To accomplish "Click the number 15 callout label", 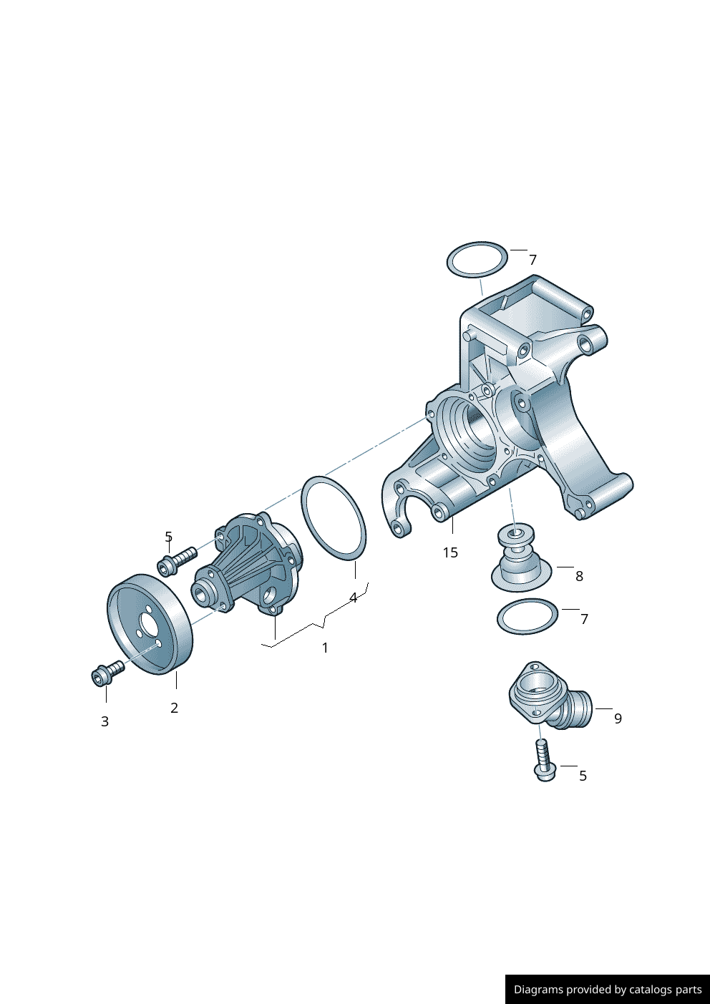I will pos(450,552).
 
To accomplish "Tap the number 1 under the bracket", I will pos(325,648).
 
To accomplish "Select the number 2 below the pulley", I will pos(174,708).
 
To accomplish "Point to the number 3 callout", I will pos(104,721).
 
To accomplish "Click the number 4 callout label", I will pos(353,598).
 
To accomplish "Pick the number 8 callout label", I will pos(579,576).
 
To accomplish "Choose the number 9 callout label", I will pos(618,718).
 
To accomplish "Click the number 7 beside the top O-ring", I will pos(532,260).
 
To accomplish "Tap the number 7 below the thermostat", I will pos(584,619).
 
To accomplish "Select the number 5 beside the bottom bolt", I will pos(583,776).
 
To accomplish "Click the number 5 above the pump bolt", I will pos(168,537).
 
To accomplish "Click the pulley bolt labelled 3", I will pos(107,673).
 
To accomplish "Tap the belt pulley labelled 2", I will pos(149,624).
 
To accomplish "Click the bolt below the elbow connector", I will pos(543,761).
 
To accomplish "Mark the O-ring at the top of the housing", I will pos(477,260).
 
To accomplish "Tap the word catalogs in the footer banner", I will pos(651,990).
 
